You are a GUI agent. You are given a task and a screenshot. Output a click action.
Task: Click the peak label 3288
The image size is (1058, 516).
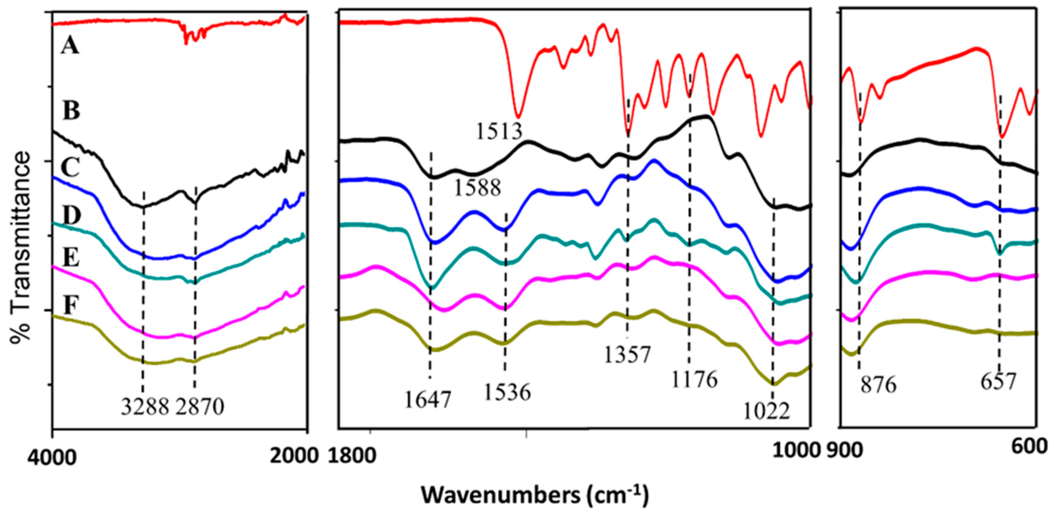coord(145,407)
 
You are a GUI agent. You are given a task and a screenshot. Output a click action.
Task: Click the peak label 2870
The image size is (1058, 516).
coord(200,407)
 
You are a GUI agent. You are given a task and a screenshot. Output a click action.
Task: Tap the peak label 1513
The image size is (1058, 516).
coord(499,131)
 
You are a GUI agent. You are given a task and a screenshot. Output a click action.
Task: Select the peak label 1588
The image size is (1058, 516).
coord(477,188)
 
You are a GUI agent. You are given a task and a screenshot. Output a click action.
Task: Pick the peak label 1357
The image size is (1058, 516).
coord(627,354)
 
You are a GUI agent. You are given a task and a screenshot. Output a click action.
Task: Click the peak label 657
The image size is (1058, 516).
coord(998,382)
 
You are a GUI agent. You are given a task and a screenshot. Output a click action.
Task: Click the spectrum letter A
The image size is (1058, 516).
coord(70,46)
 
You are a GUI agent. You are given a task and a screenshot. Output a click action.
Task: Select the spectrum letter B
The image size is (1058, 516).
coord(71,111)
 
